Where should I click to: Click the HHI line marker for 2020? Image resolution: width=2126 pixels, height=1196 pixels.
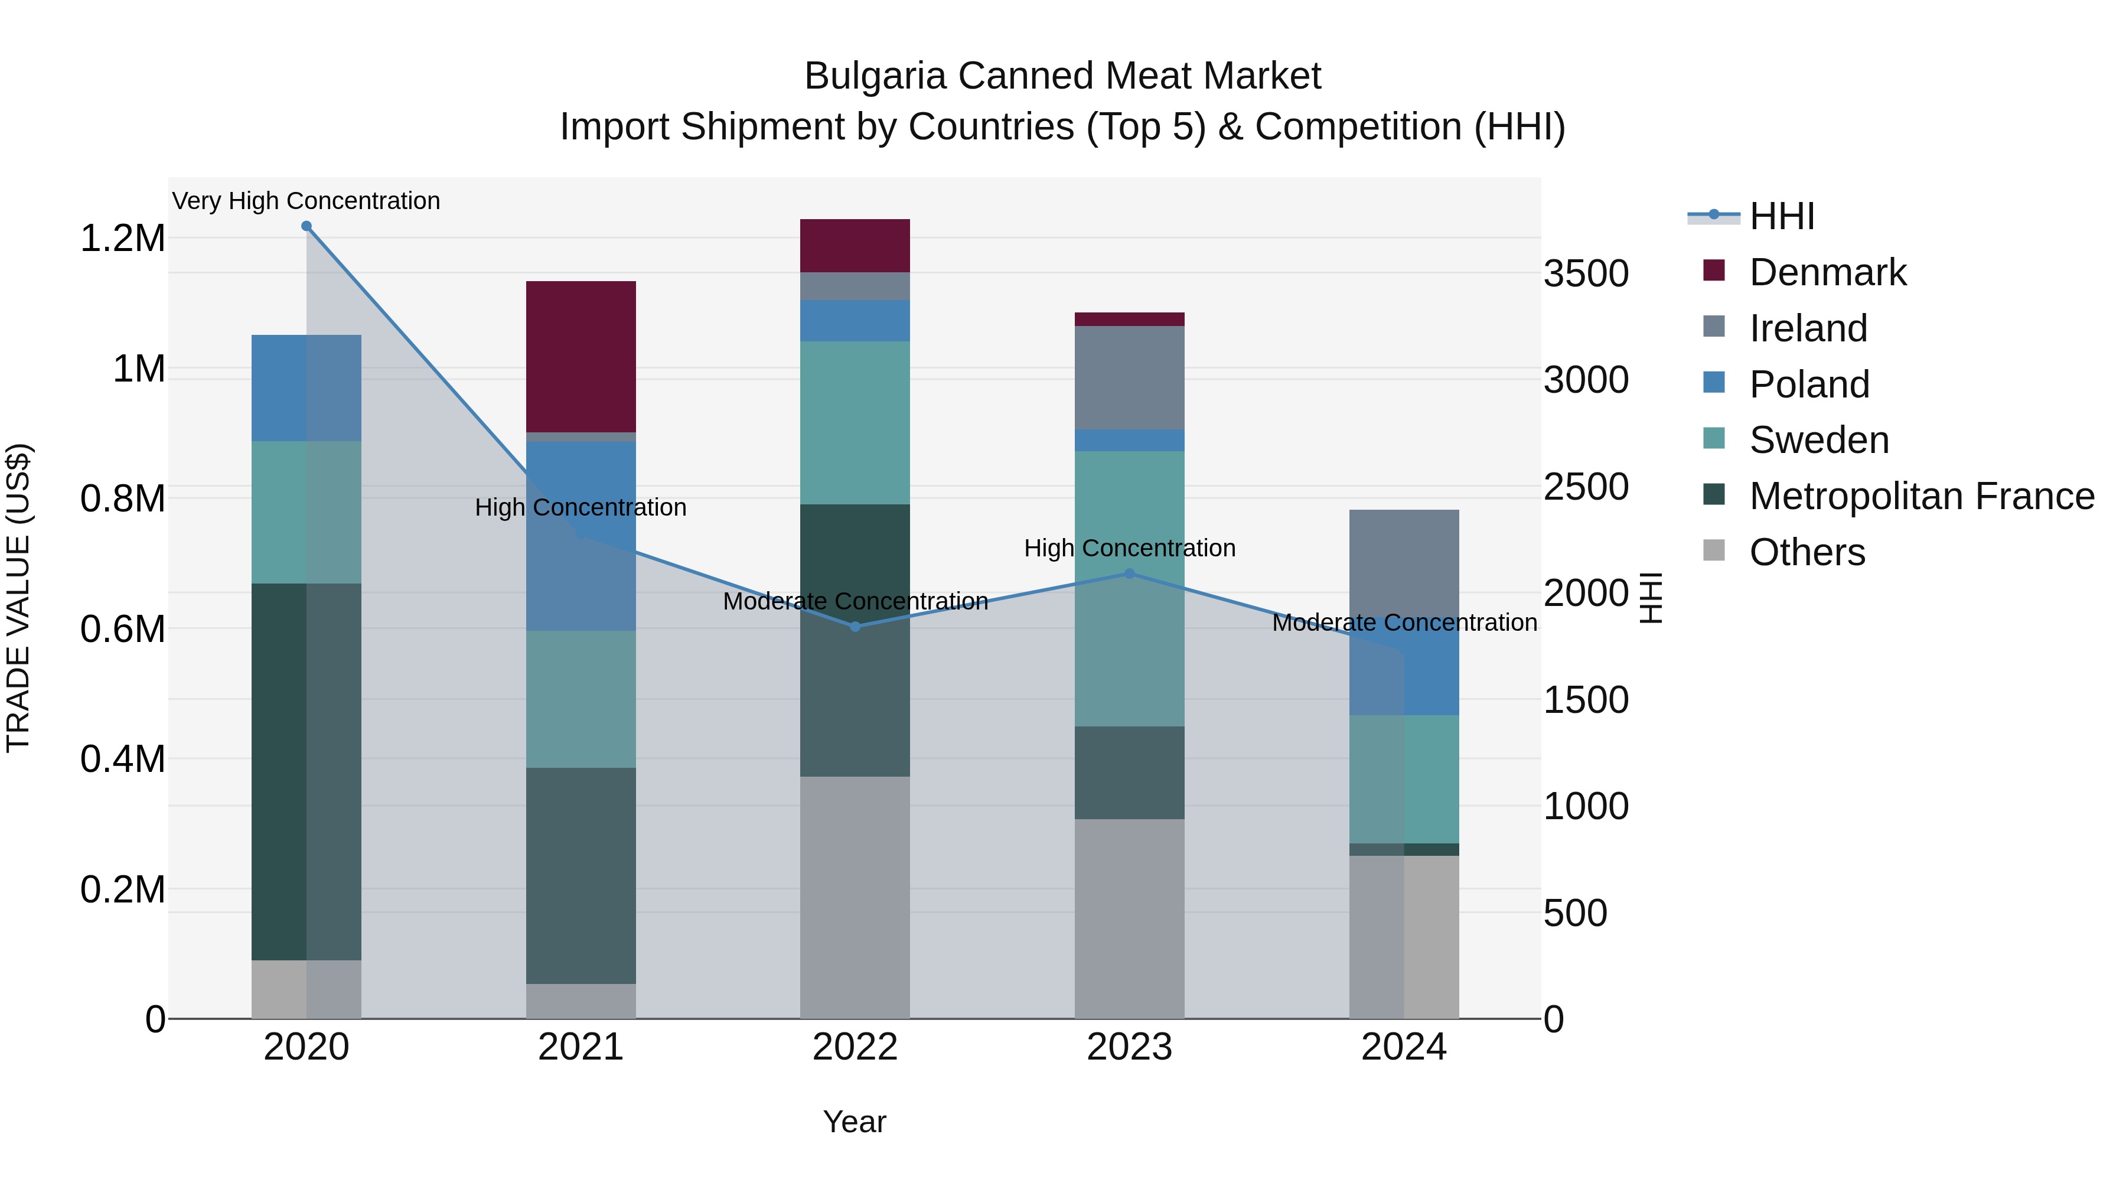306,226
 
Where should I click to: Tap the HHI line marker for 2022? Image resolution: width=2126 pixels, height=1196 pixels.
855,627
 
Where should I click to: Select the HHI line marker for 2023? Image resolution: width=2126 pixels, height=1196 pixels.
1129,573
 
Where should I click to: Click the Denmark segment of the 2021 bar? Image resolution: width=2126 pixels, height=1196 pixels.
581,357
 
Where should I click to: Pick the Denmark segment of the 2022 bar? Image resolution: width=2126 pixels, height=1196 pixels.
855,245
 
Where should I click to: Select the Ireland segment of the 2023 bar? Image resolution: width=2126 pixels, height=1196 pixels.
1129,377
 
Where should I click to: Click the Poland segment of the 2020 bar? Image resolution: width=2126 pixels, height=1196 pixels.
306,388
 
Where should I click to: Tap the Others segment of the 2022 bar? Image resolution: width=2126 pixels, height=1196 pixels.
855,897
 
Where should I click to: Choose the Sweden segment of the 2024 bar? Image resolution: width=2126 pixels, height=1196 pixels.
1404,779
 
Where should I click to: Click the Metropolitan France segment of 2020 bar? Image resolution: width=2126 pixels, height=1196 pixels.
306,772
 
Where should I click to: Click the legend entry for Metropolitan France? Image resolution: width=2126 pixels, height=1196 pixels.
1921,496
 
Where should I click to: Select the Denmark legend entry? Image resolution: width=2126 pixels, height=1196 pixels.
1827,272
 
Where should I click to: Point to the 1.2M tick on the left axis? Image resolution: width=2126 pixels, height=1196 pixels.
123,239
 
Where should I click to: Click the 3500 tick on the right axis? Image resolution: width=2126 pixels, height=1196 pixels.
1586,273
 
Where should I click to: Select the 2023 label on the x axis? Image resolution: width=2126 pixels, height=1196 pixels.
1129,1047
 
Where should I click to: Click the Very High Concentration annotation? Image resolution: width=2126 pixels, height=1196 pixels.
306,201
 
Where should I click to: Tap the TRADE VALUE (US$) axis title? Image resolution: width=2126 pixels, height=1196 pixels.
18,598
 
